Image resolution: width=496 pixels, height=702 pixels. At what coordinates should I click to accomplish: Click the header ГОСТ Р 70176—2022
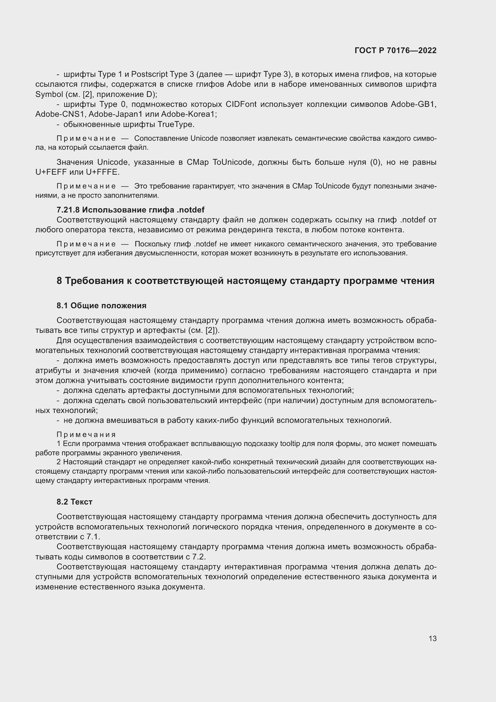tap(396, 50)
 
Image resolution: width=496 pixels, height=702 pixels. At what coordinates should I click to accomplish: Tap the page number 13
tap(432, 638)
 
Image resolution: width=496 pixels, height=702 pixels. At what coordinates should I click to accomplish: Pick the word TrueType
tap(176, 125)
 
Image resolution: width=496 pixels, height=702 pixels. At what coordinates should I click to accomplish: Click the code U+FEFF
tap(51, 172)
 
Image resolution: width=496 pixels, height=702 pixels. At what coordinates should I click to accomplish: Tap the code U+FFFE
tap(102, 172)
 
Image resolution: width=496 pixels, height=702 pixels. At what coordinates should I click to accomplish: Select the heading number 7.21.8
tap(68, 210)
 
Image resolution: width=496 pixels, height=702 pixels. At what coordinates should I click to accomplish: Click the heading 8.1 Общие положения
tap(101, 306)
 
